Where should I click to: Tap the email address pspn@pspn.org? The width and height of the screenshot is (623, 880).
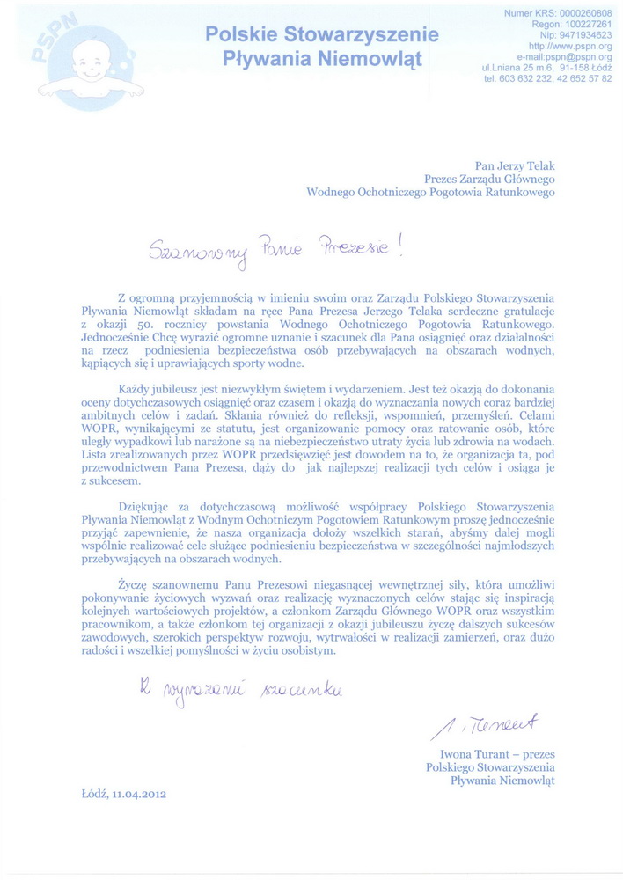(x=577, y=56)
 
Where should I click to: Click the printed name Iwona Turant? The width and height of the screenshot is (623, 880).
(x=475, y=754)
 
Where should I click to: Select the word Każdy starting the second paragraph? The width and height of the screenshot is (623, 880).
(x=136, y=389)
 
